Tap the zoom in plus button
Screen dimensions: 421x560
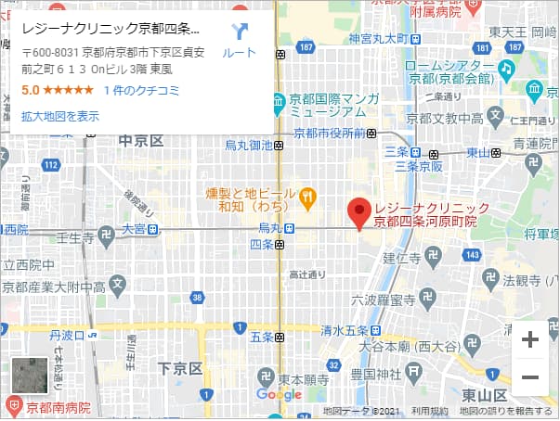tap(530, 339)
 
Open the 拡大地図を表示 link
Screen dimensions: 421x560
tap(60, 116)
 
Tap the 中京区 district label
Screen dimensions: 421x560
tap(141, 141)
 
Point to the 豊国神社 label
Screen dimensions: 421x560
tap(375, 374)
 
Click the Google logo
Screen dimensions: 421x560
tap(280, 395)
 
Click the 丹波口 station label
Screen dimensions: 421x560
tap(67, 334)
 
